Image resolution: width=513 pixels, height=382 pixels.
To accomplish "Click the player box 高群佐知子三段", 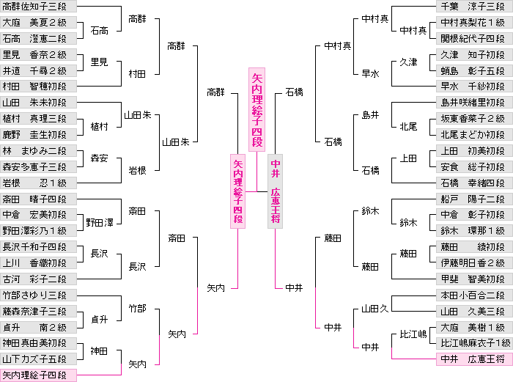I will [x=38, y=6].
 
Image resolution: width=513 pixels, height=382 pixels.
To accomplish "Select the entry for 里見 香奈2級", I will [x=38, y=54].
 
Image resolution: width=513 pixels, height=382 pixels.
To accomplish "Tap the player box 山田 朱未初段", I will [x=38, y=103].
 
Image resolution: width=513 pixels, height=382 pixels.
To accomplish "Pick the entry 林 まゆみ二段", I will [x=38, y=151].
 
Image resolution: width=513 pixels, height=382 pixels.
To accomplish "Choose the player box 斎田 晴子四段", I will [x=38, y=199].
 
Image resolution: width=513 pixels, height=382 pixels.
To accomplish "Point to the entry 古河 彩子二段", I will [x=38, y=279].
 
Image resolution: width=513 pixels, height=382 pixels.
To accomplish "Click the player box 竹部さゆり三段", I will [x=38, y=295].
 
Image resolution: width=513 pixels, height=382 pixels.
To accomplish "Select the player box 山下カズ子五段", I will [x=38, y=359].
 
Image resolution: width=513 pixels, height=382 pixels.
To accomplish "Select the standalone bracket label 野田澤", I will [x=100, y=222].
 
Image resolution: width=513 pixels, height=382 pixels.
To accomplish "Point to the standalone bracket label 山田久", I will [x=374, y=311].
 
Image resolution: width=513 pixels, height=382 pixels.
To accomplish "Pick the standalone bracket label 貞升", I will [x=100, y=319].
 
